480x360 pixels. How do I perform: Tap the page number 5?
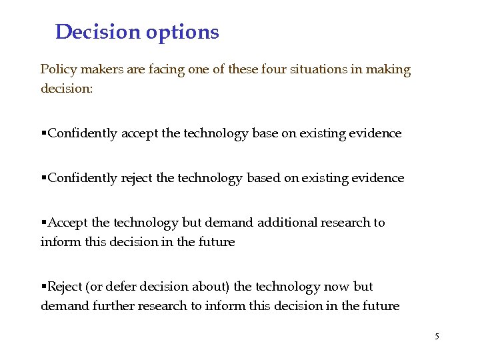(437, 337)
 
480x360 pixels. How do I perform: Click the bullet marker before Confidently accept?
(43, 134)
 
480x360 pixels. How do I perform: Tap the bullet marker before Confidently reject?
(43, 179)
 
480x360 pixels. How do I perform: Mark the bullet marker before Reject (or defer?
(43, 287)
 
